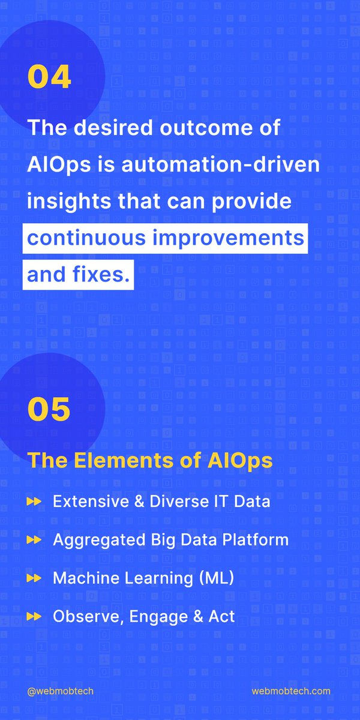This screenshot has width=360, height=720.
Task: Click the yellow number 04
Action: (x=49, y=78)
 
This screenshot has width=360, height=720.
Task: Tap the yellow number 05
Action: (x=49, y=409)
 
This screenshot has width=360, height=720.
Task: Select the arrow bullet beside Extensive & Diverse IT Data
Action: (x=34, y=502)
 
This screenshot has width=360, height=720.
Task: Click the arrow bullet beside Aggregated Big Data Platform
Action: (x=34, y=540)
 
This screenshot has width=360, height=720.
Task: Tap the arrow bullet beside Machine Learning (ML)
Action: (x=34, y=578)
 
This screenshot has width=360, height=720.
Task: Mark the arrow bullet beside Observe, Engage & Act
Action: (x=34, y=616)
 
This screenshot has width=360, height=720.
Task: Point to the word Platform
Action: (x=258, y=540)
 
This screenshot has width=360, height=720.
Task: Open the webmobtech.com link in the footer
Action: (x=291, y=691)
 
